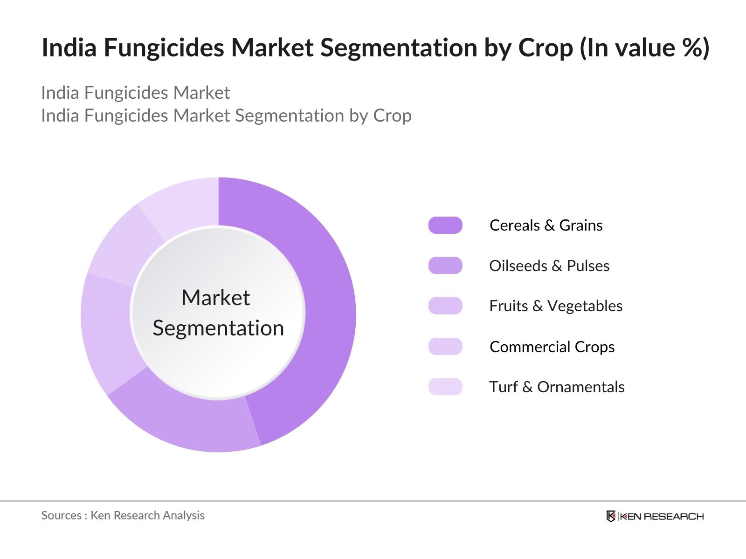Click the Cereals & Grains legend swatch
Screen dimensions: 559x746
445,225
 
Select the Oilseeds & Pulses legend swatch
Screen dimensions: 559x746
445,266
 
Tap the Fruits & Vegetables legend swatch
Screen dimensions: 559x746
445,306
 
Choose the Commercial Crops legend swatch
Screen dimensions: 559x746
445,347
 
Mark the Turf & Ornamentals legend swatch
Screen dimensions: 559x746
445,387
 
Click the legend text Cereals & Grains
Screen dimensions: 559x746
546,225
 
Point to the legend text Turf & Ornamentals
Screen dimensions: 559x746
557,387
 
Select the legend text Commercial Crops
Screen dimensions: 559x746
552,347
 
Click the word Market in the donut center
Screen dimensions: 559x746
215,298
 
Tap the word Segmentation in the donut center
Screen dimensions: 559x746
218,328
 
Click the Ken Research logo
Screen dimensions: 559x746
655,516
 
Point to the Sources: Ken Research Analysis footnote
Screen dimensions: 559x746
123,515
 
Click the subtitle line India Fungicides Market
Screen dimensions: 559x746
135,93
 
